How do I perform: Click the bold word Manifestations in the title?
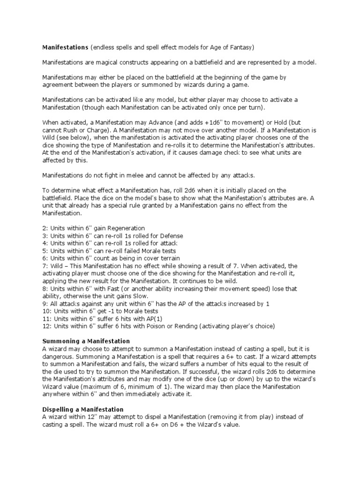pos(65,48)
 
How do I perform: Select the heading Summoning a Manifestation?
pos(86,341)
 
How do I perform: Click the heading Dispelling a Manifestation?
pos(83,410)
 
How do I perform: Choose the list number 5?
pos(45,251)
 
